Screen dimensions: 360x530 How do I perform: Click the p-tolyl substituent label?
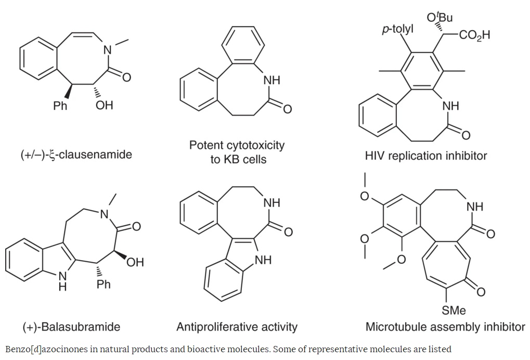[x=398, y=29]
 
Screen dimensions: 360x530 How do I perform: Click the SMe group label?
[x=454, y=311]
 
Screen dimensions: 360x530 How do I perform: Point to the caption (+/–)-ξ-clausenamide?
[x=76, y=155]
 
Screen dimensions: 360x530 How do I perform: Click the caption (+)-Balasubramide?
[x=71, y=327]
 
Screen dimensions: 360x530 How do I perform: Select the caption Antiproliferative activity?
[x=237, y=327]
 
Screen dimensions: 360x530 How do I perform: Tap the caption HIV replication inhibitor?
[x=426, y=156]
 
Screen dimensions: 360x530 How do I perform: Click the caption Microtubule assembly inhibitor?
[x=445, y=327]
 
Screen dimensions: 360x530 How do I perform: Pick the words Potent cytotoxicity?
[x=237, y=145]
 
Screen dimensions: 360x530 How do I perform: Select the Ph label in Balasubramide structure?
[x=104, y=284]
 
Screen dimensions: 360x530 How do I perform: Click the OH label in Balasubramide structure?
[x=135, y=262]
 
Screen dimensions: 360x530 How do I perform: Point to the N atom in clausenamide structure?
[x=108, y=50]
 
